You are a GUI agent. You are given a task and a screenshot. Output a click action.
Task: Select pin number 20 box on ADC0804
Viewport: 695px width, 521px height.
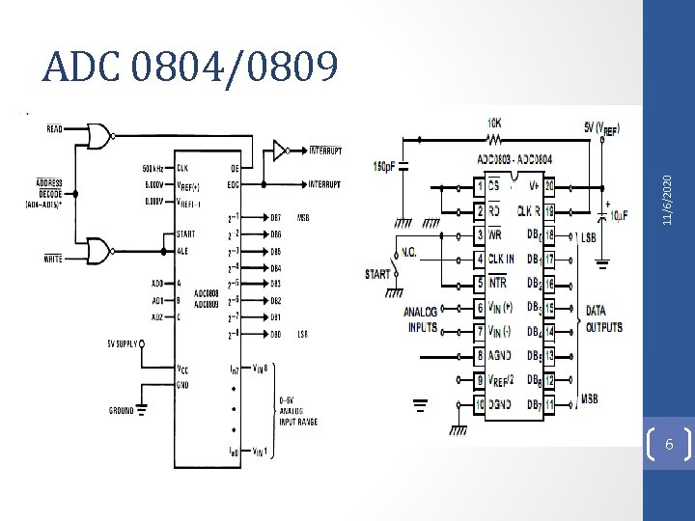pos(549,185)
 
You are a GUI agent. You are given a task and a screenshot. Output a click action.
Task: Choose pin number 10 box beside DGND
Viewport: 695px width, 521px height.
pos(479,402)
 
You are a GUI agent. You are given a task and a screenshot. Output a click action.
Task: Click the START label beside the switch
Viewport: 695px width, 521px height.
pos(377,274)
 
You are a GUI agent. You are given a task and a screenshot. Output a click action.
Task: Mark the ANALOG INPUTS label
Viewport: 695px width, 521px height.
pos(420,319)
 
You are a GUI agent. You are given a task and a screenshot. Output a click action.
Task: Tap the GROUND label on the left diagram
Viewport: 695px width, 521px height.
pos(121,410)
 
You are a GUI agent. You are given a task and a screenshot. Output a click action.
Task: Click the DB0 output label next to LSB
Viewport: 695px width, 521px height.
pos(275,335)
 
